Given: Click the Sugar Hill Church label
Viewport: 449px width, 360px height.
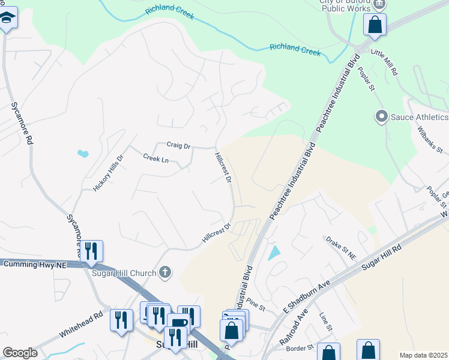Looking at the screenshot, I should pos(124,272).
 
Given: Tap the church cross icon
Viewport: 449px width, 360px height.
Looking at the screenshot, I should pos(166,273).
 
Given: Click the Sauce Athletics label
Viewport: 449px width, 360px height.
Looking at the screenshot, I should pos(420,116).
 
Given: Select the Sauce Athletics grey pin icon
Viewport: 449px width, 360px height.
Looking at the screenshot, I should pos(381,116).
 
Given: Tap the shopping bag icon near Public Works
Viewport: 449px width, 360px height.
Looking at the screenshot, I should pos(375,25).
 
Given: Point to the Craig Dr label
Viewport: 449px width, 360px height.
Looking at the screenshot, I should pos(178,145).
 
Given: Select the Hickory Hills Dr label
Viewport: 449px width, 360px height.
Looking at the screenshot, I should pos(109,173).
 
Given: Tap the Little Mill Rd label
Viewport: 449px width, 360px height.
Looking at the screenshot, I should pos(385,62).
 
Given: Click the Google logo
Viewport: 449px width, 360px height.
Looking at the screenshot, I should pos(20,353).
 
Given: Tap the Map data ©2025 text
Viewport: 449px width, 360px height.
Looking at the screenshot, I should pos(423,355).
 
